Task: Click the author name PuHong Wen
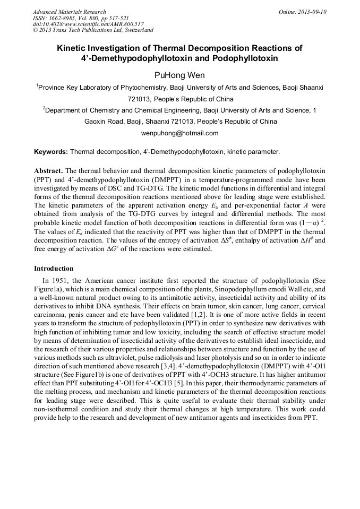179,75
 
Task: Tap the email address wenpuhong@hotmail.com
179,133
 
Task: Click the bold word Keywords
50,151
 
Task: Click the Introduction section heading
54,268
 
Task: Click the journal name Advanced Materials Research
69,11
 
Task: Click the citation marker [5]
181,382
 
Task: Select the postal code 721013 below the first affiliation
139,99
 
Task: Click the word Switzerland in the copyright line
137,30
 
